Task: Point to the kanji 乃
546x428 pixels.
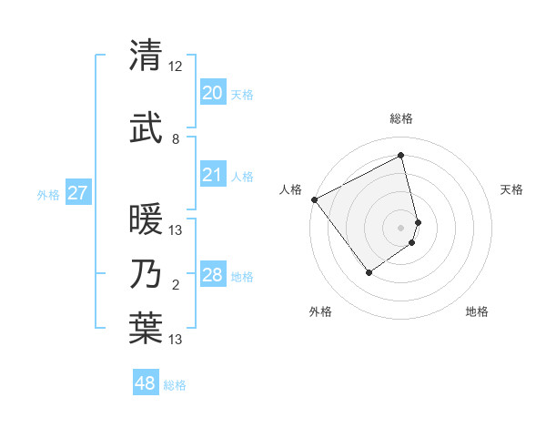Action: click(146, 274)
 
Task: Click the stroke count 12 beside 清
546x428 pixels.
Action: click(176, 67)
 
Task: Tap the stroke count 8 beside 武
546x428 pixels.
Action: click(176, 139)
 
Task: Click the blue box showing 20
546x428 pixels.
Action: click(212, 93)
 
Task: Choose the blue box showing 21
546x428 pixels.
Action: click(212, 175)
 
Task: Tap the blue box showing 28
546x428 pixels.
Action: click(212, 275)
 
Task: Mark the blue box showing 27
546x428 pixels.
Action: click(77, 193)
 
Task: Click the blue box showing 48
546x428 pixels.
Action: click(146, 383)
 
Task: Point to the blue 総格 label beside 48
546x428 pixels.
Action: click(175, 385)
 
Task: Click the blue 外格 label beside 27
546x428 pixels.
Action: click(48, 194)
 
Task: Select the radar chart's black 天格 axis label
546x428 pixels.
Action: click(512, 189)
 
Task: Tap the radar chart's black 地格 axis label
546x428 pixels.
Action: click(477, 311)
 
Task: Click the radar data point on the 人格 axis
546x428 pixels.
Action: click(314, 199)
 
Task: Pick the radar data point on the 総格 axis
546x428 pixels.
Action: click(401, 156)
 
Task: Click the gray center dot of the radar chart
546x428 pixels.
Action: click(400, 227)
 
